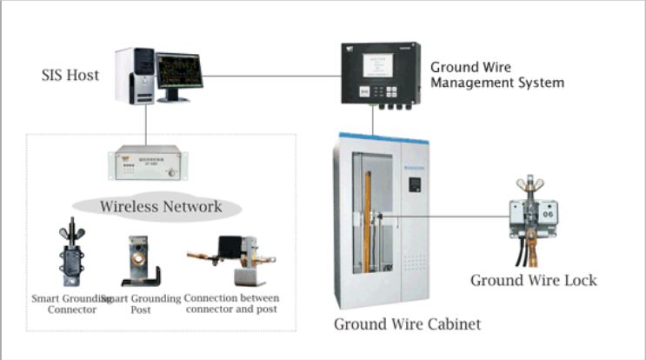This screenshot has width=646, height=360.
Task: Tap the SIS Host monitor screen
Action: point(178,70)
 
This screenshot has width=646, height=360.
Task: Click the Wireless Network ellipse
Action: point(160,207)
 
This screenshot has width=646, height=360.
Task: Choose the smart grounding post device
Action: point(141,259)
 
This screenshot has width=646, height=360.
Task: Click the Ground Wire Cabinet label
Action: point(407,323)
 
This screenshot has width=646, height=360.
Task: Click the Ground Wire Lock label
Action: point(534,280)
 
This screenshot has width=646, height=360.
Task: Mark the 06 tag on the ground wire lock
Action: point(549,210)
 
